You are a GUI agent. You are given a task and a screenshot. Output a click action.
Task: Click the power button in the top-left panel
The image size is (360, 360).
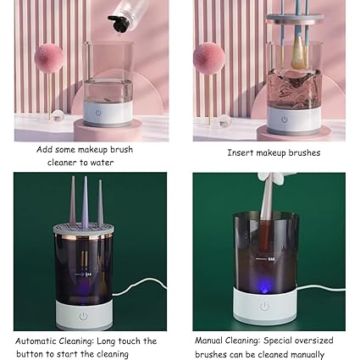(x=98, y=113)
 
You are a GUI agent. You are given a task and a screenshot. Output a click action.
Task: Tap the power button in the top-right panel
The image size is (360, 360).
(x=285, y=119)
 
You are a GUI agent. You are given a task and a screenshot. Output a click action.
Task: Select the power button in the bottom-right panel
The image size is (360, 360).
(x=264, y=306)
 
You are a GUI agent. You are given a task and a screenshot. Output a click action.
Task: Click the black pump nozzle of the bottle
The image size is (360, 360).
(x=118, y=24)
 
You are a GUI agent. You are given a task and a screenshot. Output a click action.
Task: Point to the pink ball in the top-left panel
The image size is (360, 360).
(x=48, y=58)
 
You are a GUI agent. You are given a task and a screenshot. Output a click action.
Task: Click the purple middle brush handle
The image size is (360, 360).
(x=85, y=202)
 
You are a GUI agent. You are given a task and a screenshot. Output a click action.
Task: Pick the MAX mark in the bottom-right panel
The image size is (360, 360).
(x=271, y=258)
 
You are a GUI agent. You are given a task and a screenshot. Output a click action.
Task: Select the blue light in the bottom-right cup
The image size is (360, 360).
(x=264, y=288)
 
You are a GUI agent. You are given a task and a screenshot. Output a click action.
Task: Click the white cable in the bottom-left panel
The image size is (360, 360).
(x=140, y=286)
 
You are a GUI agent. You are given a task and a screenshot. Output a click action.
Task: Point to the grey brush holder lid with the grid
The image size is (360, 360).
(x=84, y=229)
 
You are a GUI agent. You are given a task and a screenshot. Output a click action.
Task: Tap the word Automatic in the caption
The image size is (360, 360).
(x=36, y=341)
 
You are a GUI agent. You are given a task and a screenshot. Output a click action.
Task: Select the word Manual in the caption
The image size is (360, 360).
(x=208, y=341)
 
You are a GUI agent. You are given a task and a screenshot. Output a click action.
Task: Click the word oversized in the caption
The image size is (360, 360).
(x=313, y=341)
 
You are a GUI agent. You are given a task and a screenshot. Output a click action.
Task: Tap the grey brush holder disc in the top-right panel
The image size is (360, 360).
(x=295, y=19)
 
